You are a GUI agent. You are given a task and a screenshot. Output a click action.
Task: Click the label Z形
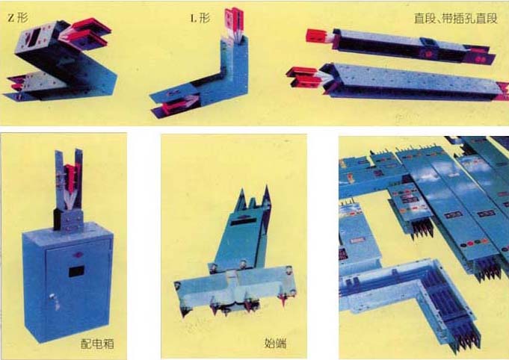click(18, 18)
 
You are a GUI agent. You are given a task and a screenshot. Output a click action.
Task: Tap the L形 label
click(200, 18)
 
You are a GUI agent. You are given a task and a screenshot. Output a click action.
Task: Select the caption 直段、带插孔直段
click(455, 18)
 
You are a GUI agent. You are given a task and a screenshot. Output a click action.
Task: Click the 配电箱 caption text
click(97, 344)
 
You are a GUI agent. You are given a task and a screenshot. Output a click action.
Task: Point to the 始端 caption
click(275, 343)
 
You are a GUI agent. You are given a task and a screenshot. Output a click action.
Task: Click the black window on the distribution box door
click(76, 271)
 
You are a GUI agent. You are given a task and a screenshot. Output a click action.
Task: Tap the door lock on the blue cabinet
click(53, 297)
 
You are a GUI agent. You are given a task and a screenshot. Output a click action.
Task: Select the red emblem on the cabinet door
click(78, 255)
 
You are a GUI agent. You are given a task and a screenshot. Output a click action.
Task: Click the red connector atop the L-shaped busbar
click(234, 20)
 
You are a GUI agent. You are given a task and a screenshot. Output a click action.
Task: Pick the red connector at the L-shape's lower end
click(176, 106)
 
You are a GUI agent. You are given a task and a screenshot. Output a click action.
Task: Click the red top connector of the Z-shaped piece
click(90, 31)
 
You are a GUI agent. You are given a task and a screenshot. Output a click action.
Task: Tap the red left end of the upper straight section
click(317, 36)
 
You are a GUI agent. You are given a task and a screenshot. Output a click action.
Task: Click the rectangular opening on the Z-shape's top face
click(35, 34)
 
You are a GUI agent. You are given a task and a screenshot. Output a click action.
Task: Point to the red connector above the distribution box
click(70, 178)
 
